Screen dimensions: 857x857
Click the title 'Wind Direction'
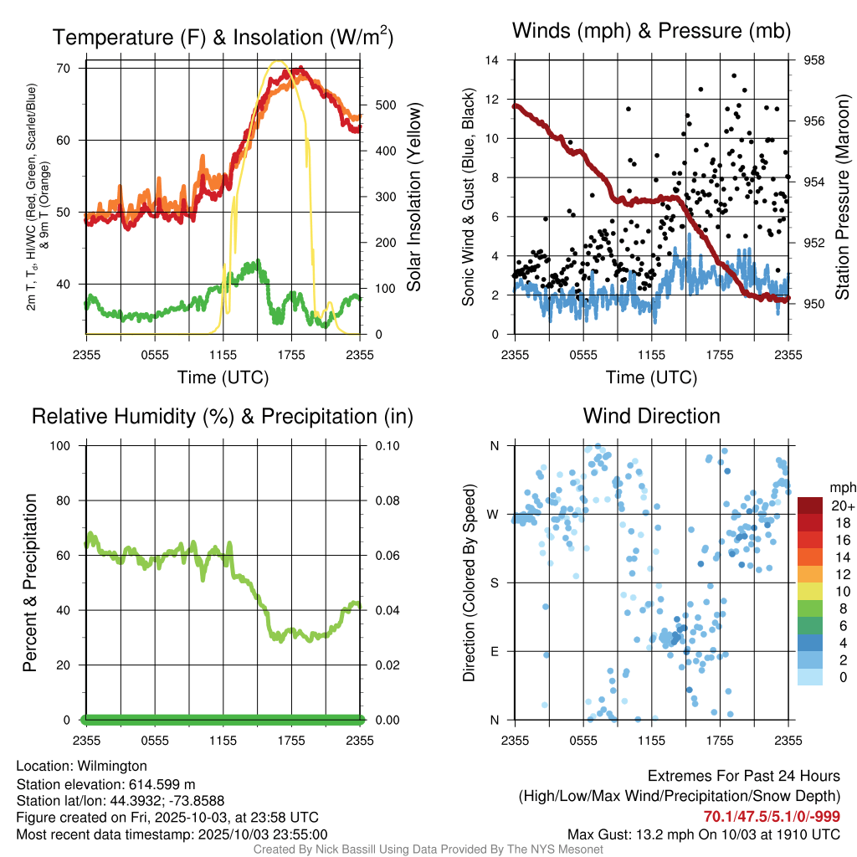point(651,416)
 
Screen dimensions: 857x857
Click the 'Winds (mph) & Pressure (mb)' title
point(651,32)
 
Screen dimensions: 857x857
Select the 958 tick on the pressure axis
point(814,60)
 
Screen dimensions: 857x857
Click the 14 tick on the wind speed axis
point(492,60)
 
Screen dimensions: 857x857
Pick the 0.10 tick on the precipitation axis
point(385,445)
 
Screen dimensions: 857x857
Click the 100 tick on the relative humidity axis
point(60,445)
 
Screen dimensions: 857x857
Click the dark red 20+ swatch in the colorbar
point(809,505)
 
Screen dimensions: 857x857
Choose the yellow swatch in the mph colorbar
point(809,591)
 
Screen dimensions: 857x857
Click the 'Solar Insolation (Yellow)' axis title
point(413,197)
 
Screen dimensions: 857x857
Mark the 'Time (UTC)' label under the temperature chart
point(223,377)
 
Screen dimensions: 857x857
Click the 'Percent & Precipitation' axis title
point(29,582)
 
